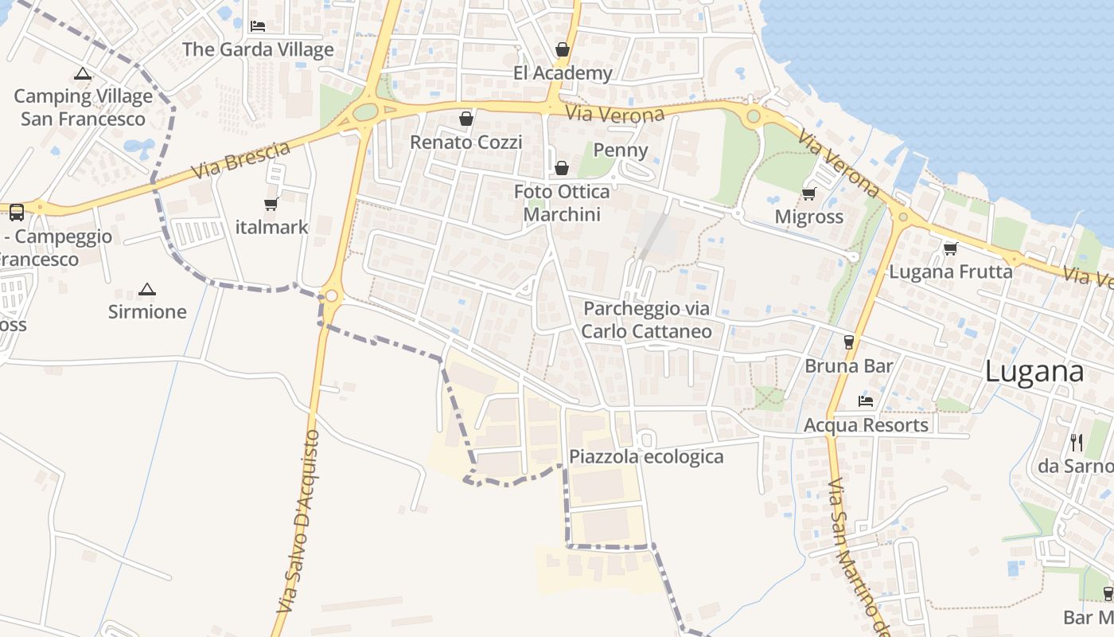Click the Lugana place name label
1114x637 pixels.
1034,372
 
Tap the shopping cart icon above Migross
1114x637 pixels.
809,193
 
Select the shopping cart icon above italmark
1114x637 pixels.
271,204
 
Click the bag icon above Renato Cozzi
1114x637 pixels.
466,119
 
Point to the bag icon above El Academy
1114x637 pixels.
563,49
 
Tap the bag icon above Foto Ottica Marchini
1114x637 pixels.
562,168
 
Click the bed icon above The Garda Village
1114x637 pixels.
258,25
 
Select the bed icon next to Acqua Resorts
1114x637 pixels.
866,401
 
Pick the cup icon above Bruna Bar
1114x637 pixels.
849,342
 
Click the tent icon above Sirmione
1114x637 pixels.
147,289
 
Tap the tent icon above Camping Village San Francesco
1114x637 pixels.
83,74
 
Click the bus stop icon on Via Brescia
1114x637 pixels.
17,212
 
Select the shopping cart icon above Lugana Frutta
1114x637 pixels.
950,248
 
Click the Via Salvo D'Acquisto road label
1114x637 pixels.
298,522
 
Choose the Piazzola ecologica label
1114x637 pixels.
646,456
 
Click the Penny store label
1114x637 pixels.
621,150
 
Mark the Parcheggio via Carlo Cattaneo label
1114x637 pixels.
646,319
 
